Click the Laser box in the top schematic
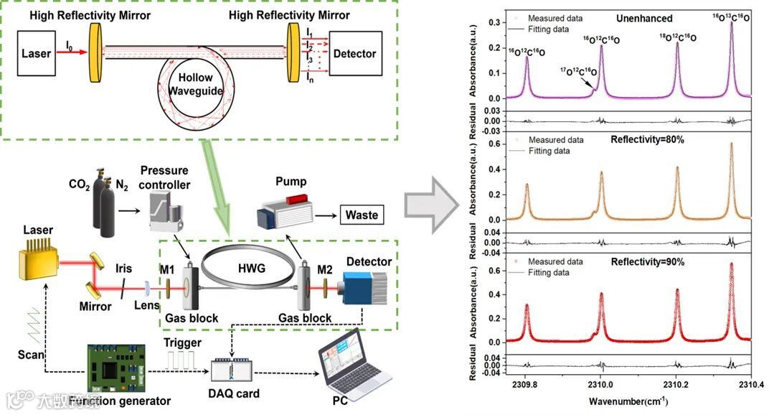click(x=36, y=53)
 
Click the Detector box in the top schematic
click(x=354, y=54)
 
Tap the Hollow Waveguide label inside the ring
click(x=196, y=85)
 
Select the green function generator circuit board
click(x=116, y=367)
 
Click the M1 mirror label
click(x=168, y=269)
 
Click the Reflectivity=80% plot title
click(x=647, y=139)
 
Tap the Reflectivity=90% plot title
click(x=647, y=261)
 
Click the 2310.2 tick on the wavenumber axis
click(x=676, y=384)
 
